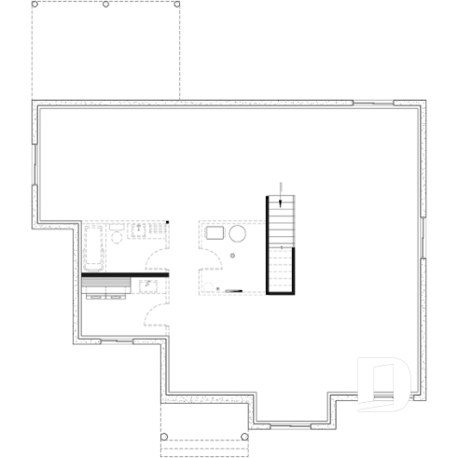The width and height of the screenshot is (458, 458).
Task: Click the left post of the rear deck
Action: pyautogui.click(x=34, y=5)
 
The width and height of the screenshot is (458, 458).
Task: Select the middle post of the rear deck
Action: pyautogui.click(x=106, y=5)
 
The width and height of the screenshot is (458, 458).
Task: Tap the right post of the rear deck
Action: pyautogui.click(x=177, y=5)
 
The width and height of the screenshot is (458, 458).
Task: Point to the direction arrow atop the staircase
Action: pyautogui.click(x=281, y=198)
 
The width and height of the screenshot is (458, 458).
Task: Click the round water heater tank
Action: pyautogui.click(x=238, y=233)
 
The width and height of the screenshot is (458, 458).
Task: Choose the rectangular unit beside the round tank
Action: pyautogui.click(x=214, y=233)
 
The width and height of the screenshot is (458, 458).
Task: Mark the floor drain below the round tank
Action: pyautogui.click(x=233, y=255)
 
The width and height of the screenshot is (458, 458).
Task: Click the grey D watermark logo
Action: pyautogui.click(x=384, y=382)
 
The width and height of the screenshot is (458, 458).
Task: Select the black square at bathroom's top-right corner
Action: pyautogui.click(x=168, y=222)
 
